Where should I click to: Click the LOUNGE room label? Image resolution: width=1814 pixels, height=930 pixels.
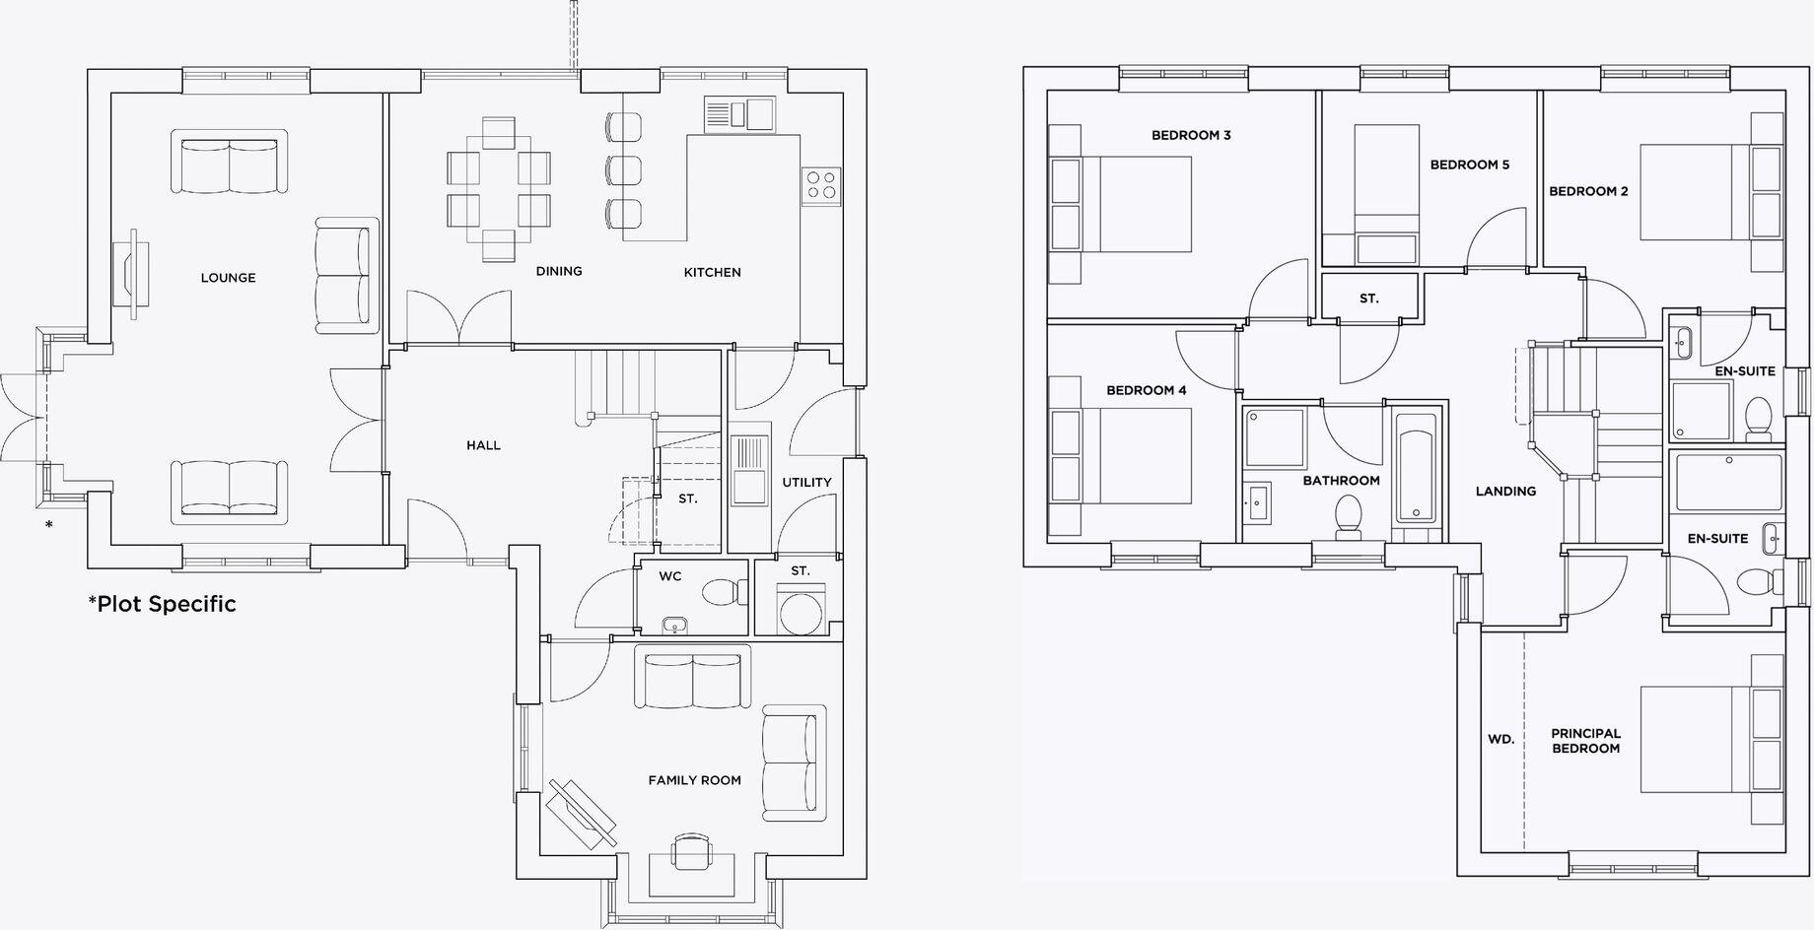click(x=228, y=278)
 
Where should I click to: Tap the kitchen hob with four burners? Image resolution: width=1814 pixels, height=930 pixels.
click(x=820, y=185)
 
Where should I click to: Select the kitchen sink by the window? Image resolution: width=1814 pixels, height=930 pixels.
click(x=739, y=112)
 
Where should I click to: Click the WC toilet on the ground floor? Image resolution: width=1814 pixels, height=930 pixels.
click(x=725, y=592)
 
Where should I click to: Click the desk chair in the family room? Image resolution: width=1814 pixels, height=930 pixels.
click(x=691, y=848)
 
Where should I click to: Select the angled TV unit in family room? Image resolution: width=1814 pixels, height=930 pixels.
click(x=583, y=814)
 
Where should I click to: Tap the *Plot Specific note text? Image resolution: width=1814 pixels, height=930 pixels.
click(x=163, y=604)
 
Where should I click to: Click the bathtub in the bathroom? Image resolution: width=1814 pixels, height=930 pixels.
click(x=1416, y=467)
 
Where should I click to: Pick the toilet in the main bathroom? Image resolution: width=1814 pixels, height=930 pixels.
click(x=1348, y=517)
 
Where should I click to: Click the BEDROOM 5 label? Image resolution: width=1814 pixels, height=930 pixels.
click(x=1469, y=165)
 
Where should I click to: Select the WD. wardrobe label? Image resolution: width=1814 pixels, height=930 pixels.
click(x=1500, y=739)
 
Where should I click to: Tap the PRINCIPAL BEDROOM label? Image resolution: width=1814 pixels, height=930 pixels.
click(x=1585, y=741)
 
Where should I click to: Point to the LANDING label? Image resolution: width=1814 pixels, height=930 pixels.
click(x=1505, y=491)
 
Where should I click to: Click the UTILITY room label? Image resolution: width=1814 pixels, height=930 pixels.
click(x=806, y=482)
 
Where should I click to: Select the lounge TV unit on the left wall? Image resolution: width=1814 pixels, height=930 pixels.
click(x=130, y=274)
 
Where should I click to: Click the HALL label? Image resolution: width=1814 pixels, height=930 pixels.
click(x=483, y=445)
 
